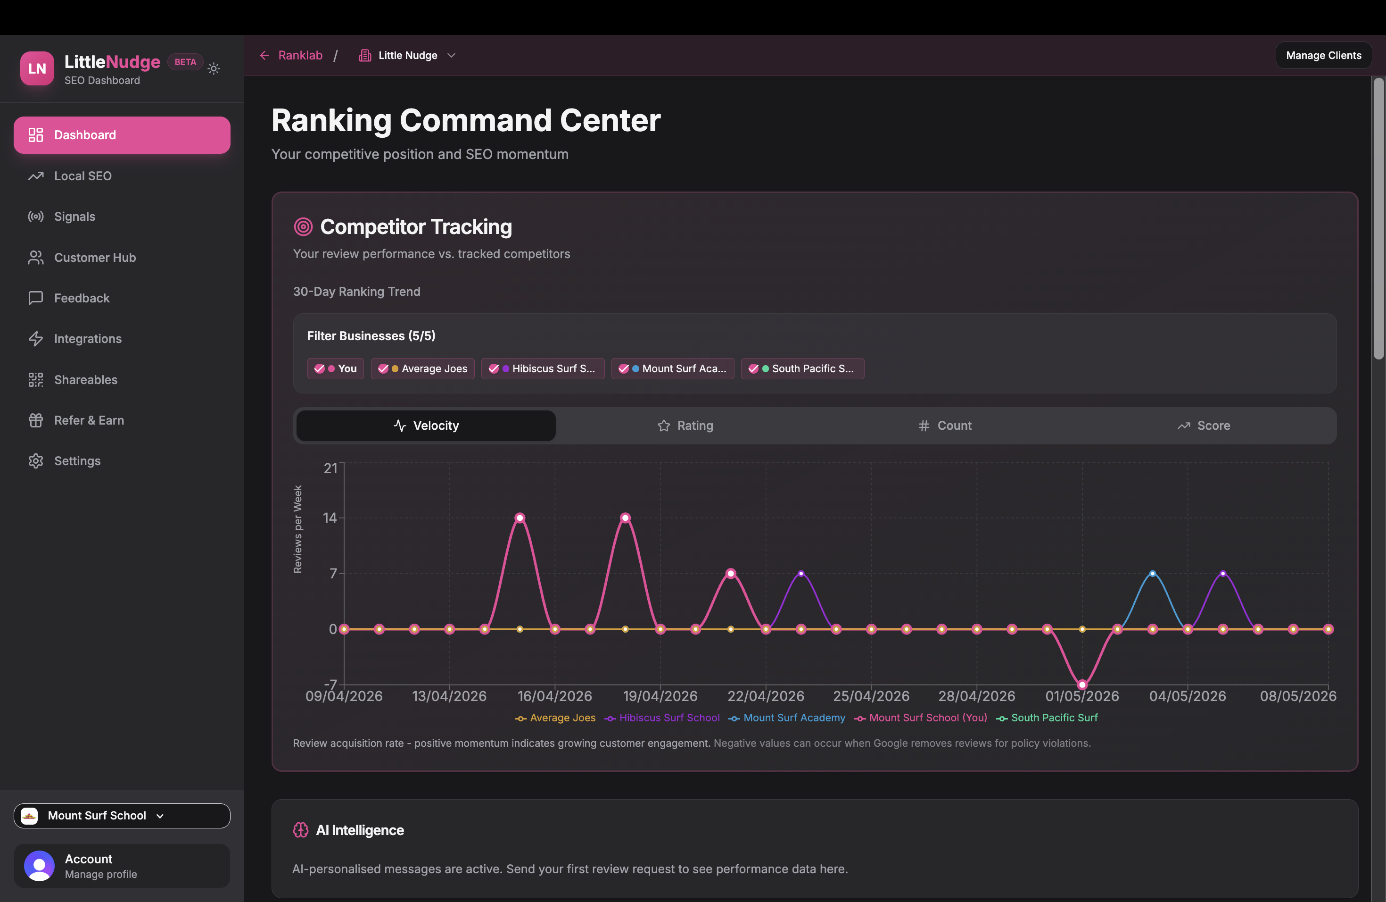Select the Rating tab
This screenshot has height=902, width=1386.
click(x=685, y=426)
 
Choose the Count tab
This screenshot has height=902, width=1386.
click(x=945, y=426)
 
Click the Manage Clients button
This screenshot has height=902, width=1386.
click(x=1323, y=55)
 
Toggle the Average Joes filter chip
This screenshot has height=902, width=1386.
click(x=423, y=369)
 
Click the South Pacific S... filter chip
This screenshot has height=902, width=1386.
click(x=802, y=369)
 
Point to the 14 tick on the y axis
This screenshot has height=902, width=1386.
click(x=330, y=518)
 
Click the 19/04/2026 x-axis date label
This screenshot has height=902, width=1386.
click(x=660, y=696)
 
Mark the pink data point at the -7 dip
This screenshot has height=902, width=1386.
click(x=1082, y=685)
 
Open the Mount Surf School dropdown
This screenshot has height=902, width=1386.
click(x=122, y=816)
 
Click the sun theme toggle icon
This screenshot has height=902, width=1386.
click(x=214, y=69)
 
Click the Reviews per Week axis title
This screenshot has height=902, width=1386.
click(x=297, y=529)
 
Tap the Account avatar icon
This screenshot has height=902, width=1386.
click(x=39, y=866)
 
